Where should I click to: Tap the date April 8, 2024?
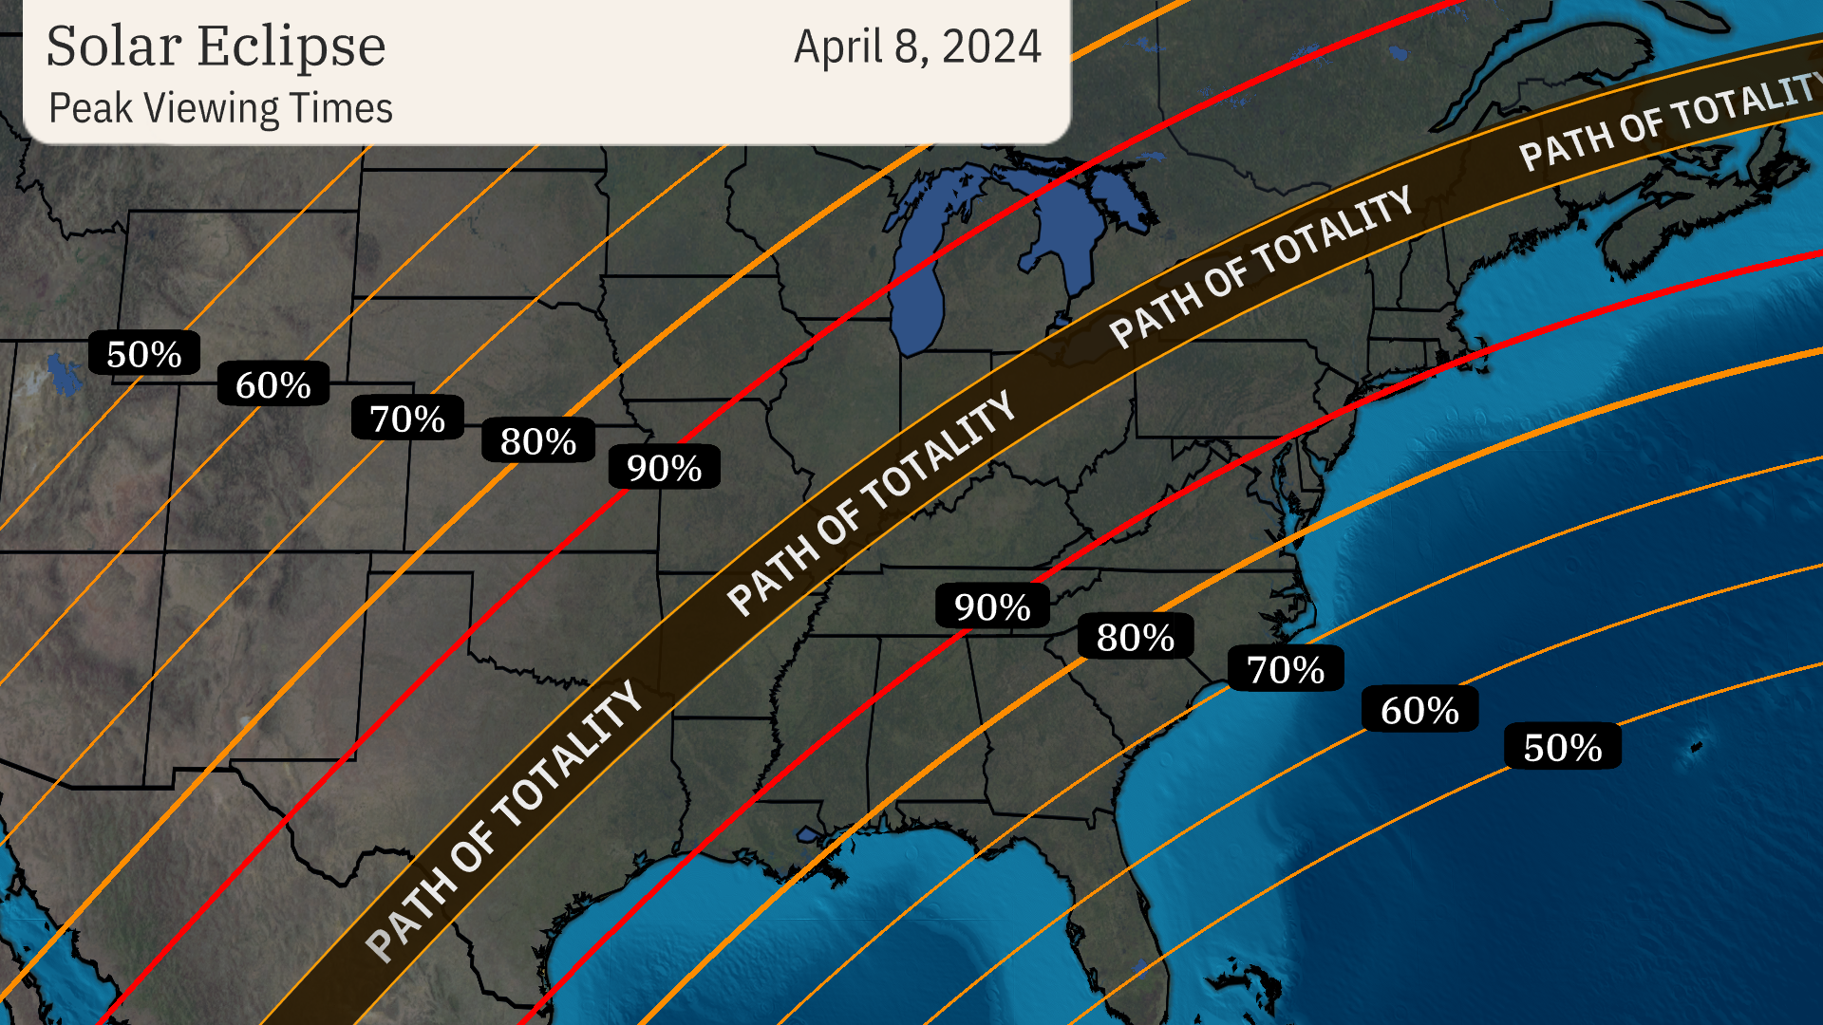point(917,47)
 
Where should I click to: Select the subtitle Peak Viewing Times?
point(220,108)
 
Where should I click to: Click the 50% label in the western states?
point(144,354)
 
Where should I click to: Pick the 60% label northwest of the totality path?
point(273,384)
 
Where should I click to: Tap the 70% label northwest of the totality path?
point(407,419)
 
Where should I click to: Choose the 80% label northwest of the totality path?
point(538,441)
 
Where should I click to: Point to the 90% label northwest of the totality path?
point(664,468)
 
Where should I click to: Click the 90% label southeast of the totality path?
point(992,606)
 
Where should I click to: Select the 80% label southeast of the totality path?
point(1136,638)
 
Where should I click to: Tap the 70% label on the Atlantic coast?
point(1286,669)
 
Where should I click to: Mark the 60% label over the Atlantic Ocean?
point(1419,710)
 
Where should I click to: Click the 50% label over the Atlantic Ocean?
point(1563,748)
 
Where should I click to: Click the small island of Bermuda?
point(1696,747)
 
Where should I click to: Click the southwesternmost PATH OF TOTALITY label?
point(504,820)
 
